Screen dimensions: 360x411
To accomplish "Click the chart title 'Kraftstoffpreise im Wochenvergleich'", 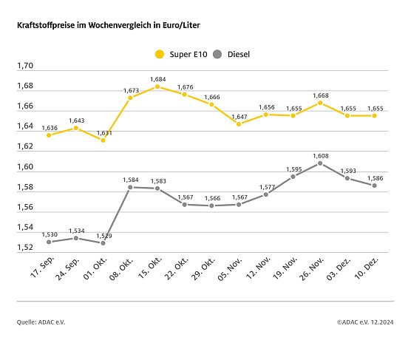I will click(108, 25).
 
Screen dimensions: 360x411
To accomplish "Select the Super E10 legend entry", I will click(180, 54).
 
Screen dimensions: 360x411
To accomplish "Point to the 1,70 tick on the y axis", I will click(25, 67).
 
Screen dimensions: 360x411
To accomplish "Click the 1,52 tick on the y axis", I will click(25, 248).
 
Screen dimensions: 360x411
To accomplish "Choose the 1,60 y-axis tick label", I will click(25, 167).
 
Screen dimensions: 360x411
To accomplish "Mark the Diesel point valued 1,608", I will click(320, 163).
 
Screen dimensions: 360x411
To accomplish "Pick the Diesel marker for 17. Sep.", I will click(49, 242).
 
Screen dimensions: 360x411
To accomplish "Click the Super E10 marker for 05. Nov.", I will click(239, 123).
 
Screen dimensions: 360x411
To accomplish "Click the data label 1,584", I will click(130, 180).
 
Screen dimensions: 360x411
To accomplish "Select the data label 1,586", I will click(375, 178).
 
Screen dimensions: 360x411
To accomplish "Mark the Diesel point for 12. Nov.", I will click(266, 194).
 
